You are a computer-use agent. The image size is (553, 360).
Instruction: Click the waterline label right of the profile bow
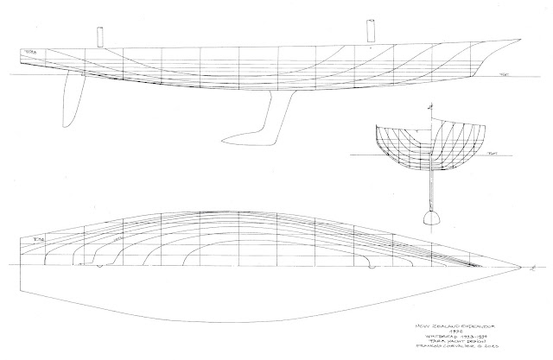click(x=504, y=77)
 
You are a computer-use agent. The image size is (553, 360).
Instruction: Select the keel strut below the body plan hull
click(x=429, y=186)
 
